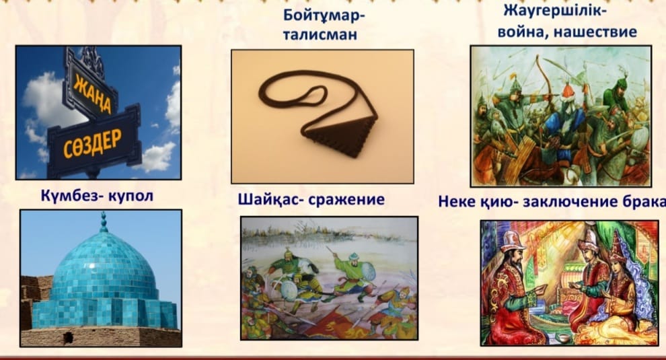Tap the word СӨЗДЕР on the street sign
point(93,143)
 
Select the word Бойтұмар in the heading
point(324,16)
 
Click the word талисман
point(320,35)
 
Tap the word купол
point(131,197)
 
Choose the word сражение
point(346,200)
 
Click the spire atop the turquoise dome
point(104,222)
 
